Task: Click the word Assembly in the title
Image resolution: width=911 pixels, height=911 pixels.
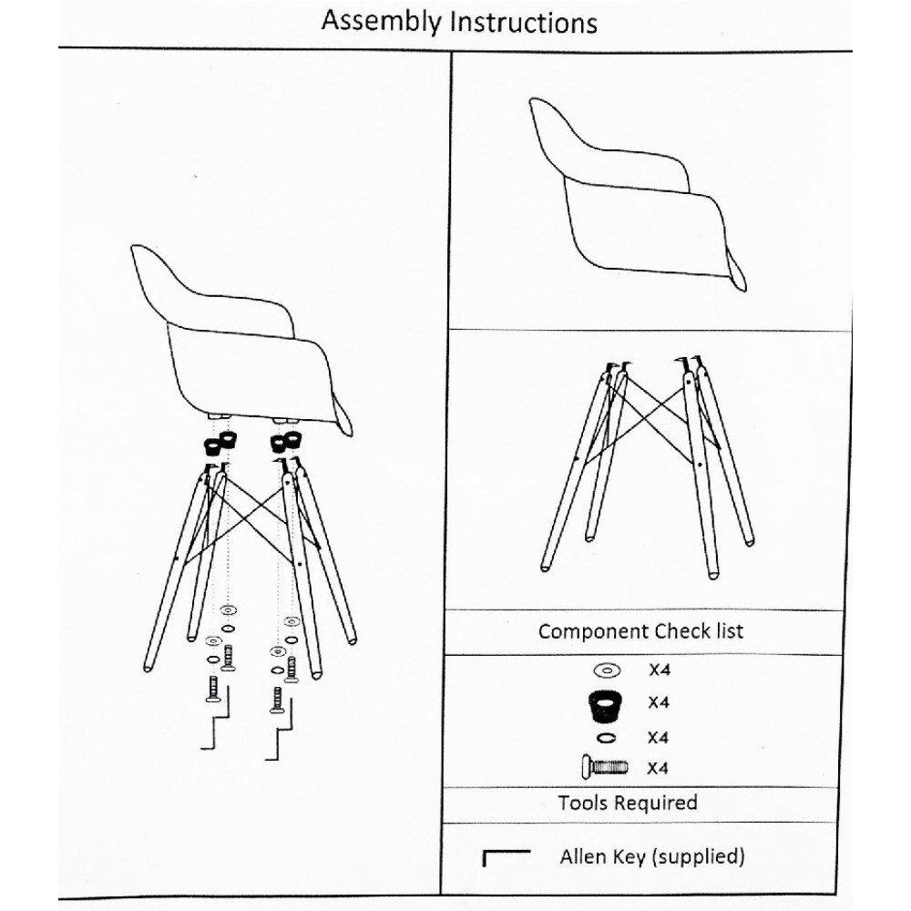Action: coord(381,22)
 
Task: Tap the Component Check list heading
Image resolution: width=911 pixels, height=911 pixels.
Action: coord(640,631)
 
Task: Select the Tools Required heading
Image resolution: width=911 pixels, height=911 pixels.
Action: coord(628,803)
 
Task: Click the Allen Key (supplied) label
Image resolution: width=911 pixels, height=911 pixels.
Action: coord(652,856)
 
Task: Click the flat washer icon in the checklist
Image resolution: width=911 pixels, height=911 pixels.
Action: coord(607,670)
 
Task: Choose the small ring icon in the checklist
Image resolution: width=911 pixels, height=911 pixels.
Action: coord(606,738)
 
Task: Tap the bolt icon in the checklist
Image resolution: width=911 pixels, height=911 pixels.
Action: coord(604,767)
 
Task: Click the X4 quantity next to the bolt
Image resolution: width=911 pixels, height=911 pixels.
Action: coord(658,768)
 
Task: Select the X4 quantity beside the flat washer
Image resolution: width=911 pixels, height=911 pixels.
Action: coord(660,670)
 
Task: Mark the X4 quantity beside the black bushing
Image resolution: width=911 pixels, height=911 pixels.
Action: coord(659,702)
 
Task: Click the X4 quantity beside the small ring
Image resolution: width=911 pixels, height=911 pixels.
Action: coord(658,737)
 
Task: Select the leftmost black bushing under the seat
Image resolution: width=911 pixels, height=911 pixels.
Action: coord(211,446)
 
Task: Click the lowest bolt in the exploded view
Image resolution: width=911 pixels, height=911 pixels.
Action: coord(277,700)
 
